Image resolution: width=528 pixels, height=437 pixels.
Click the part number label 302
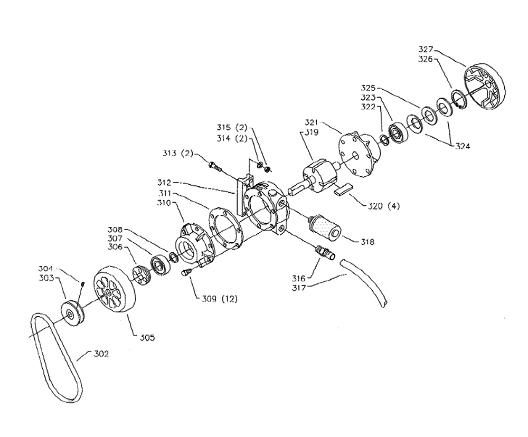coord(101,354)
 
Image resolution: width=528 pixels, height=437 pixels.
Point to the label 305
coord(147,337)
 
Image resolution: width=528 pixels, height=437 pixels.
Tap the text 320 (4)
coord(384,206)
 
